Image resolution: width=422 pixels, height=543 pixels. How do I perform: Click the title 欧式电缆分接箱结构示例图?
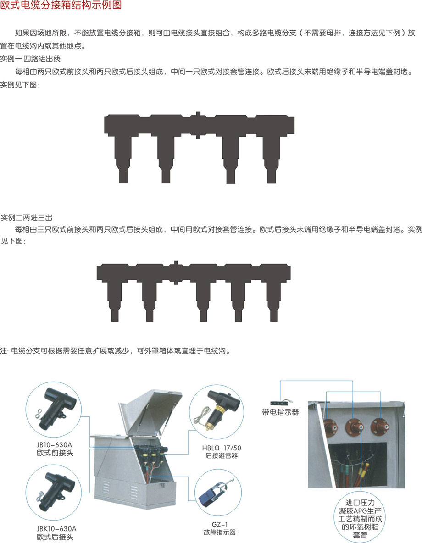61,5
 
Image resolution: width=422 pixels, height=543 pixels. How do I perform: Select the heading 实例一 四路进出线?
30,59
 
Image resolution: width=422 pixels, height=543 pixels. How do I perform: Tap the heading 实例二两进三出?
26,217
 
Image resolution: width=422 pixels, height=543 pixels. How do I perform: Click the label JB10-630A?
55,445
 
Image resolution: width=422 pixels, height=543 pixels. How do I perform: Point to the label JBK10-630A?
56,529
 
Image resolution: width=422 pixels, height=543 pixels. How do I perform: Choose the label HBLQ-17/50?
222,448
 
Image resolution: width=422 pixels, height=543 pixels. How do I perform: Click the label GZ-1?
220,525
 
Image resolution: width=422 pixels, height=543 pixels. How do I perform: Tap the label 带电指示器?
280,412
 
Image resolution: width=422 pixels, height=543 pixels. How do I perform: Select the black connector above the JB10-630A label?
55,408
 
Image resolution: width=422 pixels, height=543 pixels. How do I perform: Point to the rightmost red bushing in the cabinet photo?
380,427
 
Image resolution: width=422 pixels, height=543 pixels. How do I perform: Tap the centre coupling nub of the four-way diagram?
198,125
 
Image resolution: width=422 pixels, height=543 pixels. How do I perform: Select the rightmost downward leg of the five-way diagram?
274,302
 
